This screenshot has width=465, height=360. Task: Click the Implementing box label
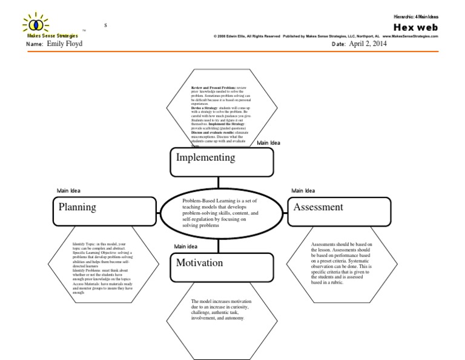click(x=205, y=158)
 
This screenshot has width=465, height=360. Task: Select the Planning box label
click(x=77, y=207)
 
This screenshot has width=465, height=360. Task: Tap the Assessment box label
click(x=318, y=207)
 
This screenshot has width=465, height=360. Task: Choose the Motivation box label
click(x=200, y=263)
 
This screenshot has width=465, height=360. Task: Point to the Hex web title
click(x=415, y=27)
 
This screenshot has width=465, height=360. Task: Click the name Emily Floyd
click(x=64, y=44)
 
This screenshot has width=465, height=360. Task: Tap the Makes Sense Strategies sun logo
click(x=36, y=24)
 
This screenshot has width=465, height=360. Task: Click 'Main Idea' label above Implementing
click(x=269, y=143)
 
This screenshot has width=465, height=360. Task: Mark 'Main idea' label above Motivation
click(x=186, y=246)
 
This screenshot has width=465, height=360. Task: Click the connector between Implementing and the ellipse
click(x=218, y=182)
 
